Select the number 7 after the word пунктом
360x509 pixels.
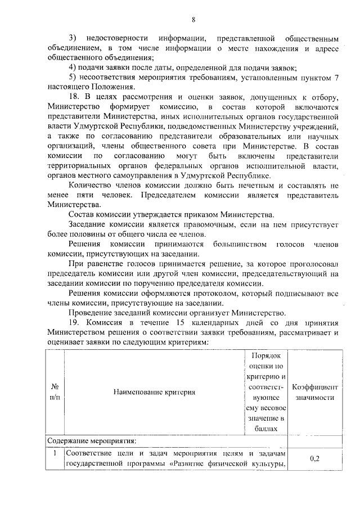tap(336, 77)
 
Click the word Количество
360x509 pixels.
tap(91, 186)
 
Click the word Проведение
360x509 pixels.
tap(91, 312)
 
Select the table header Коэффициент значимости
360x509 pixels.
tap(314, 392)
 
